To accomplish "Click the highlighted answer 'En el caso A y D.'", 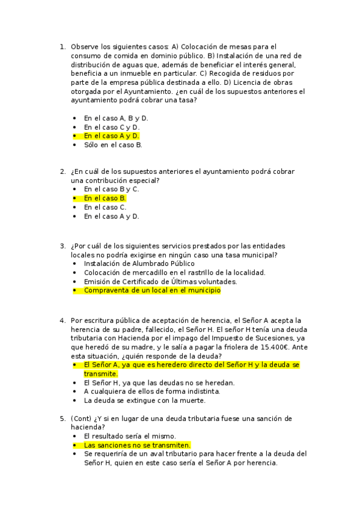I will tap(111, 136).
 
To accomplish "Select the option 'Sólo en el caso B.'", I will tap(113, 145).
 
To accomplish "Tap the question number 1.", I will tap(62, 46).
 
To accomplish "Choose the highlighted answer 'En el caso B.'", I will tap(105, 198).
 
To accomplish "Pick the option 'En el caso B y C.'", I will tap(111, 189).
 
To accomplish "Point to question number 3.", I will tap(62, 245).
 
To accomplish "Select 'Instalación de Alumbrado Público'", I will tap(139, 263).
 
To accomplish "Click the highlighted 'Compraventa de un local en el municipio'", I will tap(152, 290).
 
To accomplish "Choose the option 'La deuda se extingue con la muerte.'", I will tap(144, 400).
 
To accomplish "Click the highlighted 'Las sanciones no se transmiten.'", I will tap(137, 445).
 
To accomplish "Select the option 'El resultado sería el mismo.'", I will tap(130, 436).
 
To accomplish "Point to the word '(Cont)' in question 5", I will tap(81, 418).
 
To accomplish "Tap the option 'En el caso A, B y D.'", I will tap(116, 118).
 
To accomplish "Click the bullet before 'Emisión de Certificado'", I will tap(74, 281).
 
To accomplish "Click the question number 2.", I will tap(62, 171).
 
